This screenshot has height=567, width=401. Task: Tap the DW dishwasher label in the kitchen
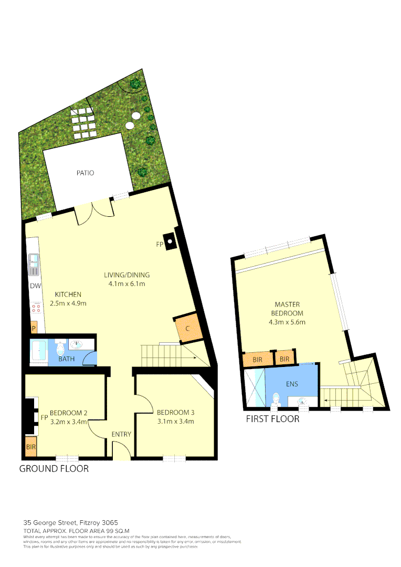tap(35, 286)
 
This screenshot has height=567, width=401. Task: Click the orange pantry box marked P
tap(34, 328)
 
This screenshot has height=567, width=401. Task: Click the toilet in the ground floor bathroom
tap(60, 349)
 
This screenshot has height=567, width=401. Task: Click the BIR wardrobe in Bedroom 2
tap(31, 447)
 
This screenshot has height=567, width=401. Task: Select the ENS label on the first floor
tap(292, 384)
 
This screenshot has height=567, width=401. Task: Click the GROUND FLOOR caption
tap(54, 469)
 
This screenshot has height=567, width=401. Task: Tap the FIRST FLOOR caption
tap(273, 419)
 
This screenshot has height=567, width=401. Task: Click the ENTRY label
tap(121, 434)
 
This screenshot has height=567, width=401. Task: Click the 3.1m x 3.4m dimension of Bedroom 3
tap(175, 421)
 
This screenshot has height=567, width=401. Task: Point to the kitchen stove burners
tap(36, 309)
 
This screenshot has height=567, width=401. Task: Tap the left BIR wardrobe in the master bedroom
tap(258, 360)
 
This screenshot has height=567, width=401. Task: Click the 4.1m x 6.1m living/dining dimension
tap(126, 284)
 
